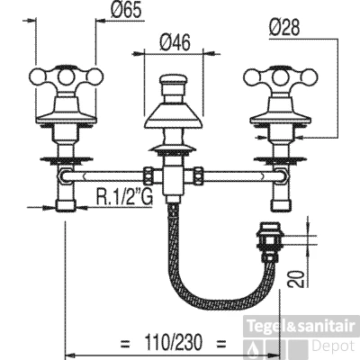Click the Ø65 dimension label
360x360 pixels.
[126, 11]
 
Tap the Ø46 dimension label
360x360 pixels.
[175, 42]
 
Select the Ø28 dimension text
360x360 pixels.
[284, 28]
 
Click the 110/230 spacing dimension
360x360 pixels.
[174, 342]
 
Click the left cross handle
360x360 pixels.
[66, 77]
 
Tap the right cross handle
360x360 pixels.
[281, 77]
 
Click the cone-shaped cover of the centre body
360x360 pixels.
[173, 115]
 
